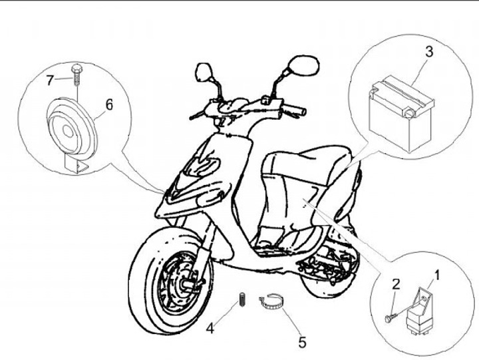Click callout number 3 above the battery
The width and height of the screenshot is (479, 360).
pyautogui.click(x=429, y=51)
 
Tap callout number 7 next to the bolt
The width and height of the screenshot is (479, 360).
pyautogui.click(x=49, y=81)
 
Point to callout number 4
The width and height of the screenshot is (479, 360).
pyautogui.click(x=210, y=327)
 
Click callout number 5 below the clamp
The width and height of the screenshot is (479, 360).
pyautogui.click(x=302, y=343)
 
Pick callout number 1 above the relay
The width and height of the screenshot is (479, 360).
pyautogui.click(x=437, y=273)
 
